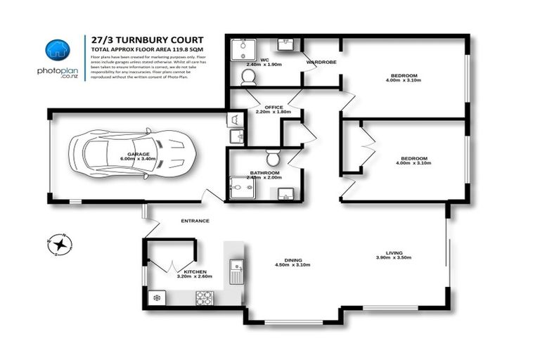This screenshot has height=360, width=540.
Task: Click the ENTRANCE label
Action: (x=195, y=221)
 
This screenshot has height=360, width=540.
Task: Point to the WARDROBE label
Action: (x=321, y=63)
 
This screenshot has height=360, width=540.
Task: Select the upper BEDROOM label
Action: (x=404, y=75)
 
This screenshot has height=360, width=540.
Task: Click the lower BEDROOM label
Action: (x=404, y=158)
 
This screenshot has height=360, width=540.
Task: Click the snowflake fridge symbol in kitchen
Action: (x=157, y=297)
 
